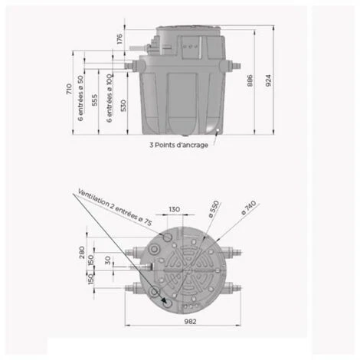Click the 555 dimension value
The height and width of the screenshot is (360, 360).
click(94, 100)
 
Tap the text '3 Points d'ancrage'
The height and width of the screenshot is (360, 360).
click(178, 144)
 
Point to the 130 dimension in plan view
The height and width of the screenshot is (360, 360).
click(175, 208)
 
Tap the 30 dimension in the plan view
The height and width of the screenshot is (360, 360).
click(107, 259)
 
